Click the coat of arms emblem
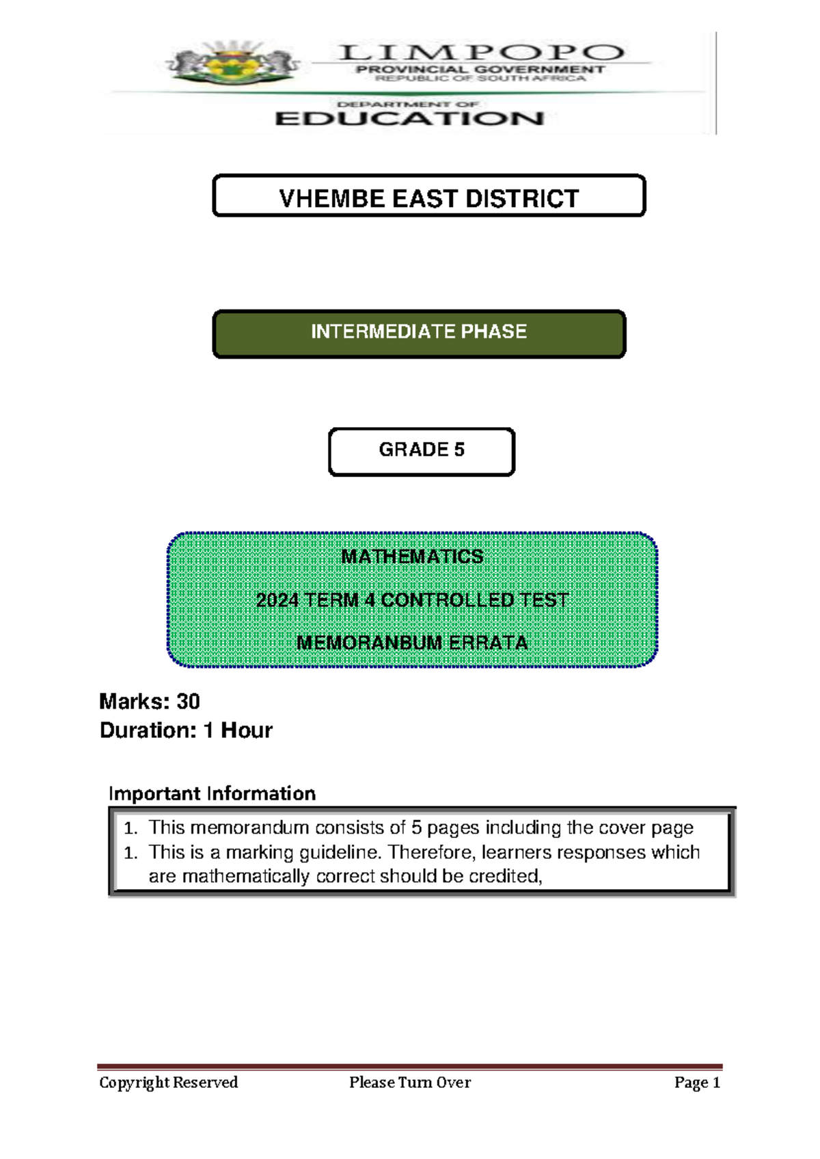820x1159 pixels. coord(233,65)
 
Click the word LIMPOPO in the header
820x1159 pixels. coord(481,52)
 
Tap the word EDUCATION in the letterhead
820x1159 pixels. coord(409,119)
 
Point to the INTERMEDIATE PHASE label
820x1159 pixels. coord(419,332)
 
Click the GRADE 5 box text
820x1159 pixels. coord(422,450)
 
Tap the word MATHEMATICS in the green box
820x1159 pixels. coord(412,557)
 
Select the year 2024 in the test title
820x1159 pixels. coord(277,600)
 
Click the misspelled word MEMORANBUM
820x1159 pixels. coord(369,643)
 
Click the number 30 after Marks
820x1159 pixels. coord(188,702)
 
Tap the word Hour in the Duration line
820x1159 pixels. coord(246,731)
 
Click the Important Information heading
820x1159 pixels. coord(212,793)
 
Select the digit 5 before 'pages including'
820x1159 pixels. coord(416,828)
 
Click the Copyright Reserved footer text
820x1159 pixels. coord(168,1082)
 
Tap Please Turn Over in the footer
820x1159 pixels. coord(410,1082)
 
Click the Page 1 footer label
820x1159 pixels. coord(697,1082)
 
